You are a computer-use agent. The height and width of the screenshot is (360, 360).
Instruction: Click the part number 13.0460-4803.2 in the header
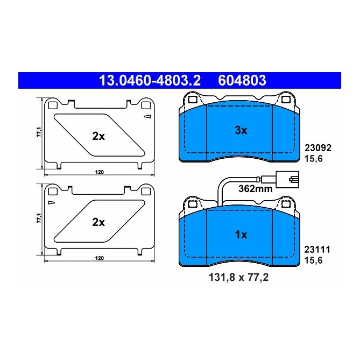(x=149, y=81)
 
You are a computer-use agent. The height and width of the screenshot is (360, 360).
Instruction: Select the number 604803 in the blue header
(x=242, y=81)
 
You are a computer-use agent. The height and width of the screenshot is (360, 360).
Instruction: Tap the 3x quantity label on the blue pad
(x=240, y=130)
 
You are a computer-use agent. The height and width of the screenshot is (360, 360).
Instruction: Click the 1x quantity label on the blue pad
(x=240, y=235)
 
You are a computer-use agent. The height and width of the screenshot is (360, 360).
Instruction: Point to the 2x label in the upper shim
(x=98, y=136)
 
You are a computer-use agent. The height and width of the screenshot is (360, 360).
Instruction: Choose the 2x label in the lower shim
(x=98, y=222)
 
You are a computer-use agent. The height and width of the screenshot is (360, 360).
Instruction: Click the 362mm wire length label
(x=255, y=189)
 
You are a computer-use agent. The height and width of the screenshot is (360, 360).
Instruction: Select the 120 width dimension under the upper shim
(x=99, y=172)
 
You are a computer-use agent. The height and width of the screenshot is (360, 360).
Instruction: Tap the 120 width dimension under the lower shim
(x=99, y=258)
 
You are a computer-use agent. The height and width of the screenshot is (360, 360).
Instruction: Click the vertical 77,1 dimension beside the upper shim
(x=38, y=133)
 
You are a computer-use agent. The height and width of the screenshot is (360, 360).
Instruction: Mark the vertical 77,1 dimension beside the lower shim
(x=38, y=219)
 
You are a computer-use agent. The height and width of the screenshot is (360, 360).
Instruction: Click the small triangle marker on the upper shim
(x=146, y=116)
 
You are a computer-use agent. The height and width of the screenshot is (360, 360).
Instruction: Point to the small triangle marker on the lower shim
(x=51, y=202)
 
